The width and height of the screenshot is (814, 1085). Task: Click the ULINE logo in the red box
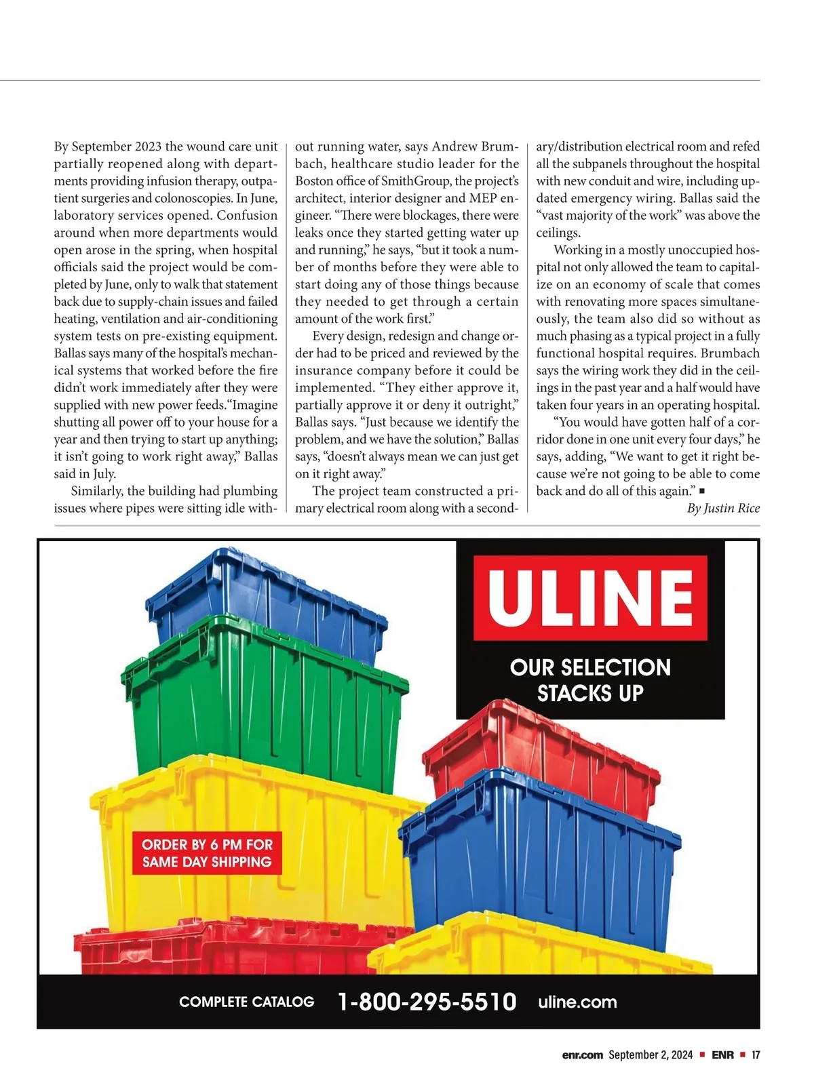tap(590, 597)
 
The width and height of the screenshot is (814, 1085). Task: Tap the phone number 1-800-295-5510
tap(427, 1002)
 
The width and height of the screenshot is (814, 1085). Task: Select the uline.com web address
tap(577, 1002)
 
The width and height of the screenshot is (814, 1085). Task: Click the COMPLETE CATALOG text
tap(247, 1002)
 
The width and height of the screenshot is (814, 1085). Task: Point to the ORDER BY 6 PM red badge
tap(207, 853)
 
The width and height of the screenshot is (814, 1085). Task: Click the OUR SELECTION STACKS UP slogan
tap(590, 680)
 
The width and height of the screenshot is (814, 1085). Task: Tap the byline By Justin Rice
tap(723, 508)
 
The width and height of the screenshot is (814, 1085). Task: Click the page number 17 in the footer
tap(756, 1055)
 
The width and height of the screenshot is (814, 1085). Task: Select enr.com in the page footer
tap(582, 1055)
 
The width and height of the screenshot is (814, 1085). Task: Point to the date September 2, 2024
tap(651, 1055)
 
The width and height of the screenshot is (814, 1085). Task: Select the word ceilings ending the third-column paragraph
tap(557, 233)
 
